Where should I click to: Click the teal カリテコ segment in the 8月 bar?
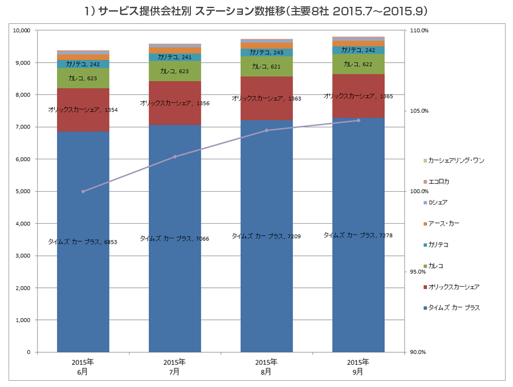266,52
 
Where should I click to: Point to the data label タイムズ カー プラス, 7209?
266,236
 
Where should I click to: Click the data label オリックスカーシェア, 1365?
358,96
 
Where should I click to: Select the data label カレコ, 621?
266,67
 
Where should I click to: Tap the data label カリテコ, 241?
174,57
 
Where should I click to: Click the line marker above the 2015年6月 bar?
83,191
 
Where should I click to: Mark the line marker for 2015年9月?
359,120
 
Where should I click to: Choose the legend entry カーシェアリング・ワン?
455,160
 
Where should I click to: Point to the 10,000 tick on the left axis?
21,30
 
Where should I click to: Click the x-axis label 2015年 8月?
266,367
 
